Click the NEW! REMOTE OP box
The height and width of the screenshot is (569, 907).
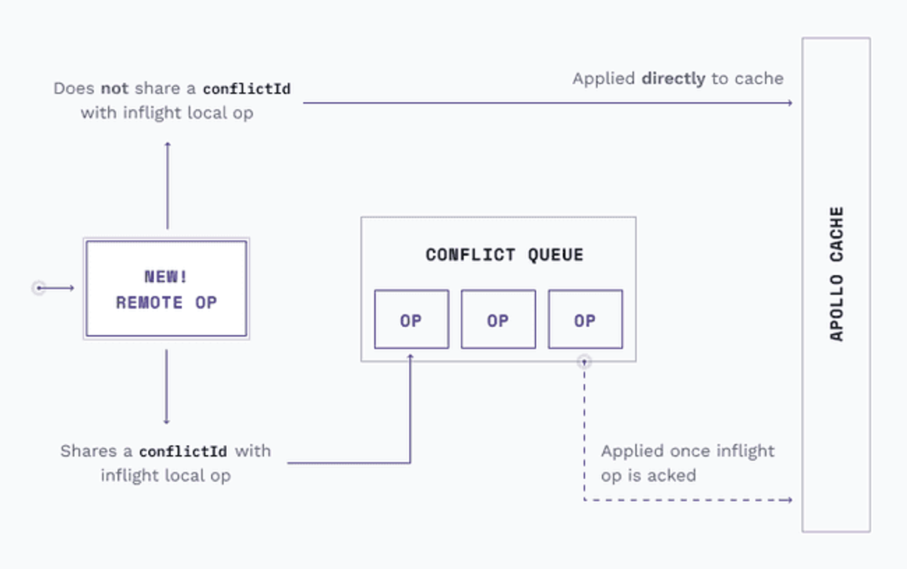pyautogui.click(x=166, y=289)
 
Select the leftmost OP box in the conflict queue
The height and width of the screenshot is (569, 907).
pyautogui.click(x=411, y=319)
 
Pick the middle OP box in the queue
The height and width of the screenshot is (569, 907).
pyautogui.click(x=498, y=319)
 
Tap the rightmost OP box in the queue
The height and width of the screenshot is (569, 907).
pyautogui.click(x=586, y=319)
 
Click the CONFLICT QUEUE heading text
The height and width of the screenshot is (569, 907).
pyautogui.click(x=505, y=255)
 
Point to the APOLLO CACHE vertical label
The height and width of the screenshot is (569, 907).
pyautogui.click(x=837, y=274)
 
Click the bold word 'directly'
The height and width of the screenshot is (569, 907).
pyautogui.click(x=673, y=79)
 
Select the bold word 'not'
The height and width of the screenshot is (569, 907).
pyautogui.click(x=115, y=88)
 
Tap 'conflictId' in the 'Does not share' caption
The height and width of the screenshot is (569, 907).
pyautogui.click(x=246, y=88)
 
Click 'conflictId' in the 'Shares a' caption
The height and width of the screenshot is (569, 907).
pyautogui.click(x=183, y=451)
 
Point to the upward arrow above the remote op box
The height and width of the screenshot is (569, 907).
pyautogui.click(x=168, y=186)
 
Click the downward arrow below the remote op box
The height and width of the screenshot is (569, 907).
pyautogui.click(x=166, y=387)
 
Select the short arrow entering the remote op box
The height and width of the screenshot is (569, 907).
pyautogui.click(x=56, y=288)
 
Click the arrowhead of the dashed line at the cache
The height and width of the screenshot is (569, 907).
pyautogui.click(x=790, y=500)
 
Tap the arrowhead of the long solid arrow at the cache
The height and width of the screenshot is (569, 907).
pyautogui.click(x=790, y=103)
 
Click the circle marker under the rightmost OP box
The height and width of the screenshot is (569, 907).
pyautogui.click(x=584, y=361)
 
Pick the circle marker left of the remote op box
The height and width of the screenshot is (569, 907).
pyautogui.click(x=39, y=288)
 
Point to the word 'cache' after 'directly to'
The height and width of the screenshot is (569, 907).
pyautogui.click(x=759, y=79)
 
